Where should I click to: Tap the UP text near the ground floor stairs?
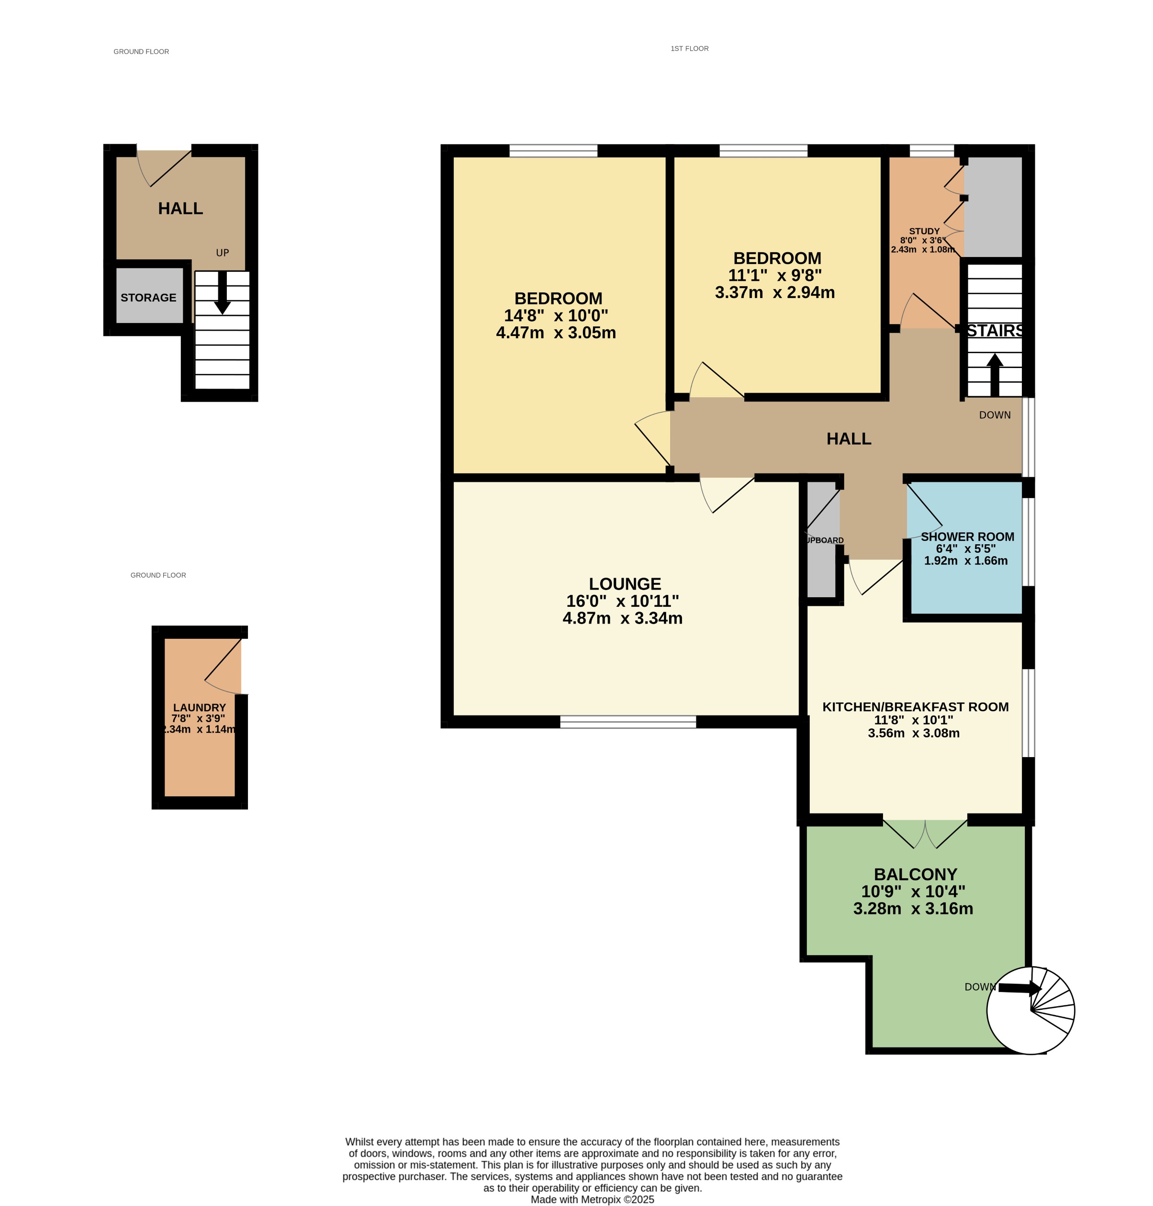pos(223,253)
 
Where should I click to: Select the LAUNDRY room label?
pos(199,707)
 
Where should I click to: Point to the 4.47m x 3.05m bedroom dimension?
pos(556,333)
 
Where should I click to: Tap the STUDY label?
pos(924,231)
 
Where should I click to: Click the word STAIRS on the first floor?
pos(995,331)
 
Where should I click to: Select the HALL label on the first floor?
pos(848,438)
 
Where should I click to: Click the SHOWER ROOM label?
pos(967,536)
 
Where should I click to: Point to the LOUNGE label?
pos(625,583)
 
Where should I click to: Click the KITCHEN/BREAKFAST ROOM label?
pos(915,707)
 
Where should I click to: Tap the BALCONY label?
pos(915,874)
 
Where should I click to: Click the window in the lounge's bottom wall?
pos(627,722)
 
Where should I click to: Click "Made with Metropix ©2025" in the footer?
pos(592,1199)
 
